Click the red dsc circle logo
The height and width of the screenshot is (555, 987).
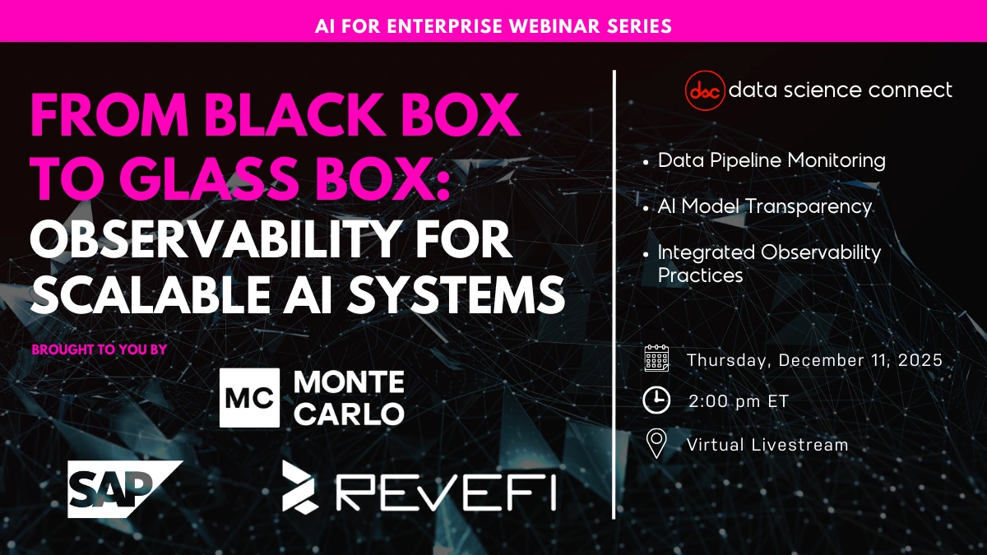coord(705,91)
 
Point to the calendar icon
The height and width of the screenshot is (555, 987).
coord(656,359)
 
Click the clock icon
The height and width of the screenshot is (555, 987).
coord(656,400)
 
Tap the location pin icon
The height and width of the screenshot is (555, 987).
coord(656,444)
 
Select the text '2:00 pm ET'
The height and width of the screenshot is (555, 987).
coord(739,401)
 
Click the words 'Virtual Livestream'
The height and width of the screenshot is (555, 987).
coord(767,445)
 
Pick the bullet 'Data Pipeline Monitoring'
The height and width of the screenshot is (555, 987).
coord(772,160)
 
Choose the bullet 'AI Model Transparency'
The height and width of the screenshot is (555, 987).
coord(764,206)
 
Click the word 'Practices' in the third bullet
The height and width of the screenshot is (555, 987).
coord(700,275)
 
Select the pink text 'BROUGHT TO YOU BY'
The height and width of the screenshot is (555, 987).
coord(99,349)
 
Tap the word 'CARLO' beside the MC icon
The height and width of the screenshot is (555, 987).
coord(349,413)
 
